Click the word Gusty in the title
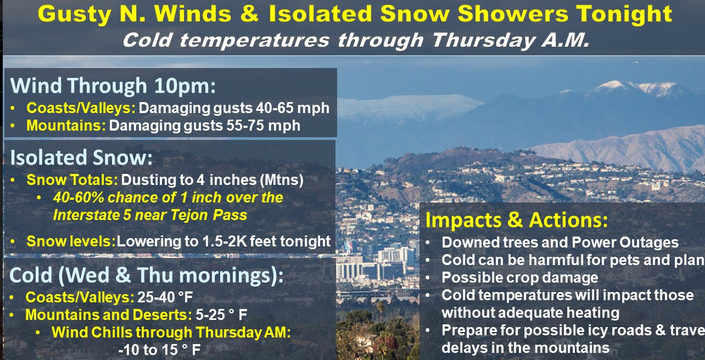coord(74,14)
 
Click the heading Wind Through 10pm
coord(113,86)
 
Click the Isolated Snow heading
coord(81,157)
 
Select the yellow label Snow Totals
coord(72,180)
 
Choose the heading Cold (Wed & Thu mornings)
coord(147,275)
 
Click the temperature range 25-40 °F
coord(165,297)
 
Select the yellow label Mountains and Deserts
coord(109,314)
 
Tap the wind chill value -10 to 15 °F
coord(159,350)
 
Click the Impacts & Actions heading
coord(517,220)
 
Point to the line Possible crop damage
coord(519,278)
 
